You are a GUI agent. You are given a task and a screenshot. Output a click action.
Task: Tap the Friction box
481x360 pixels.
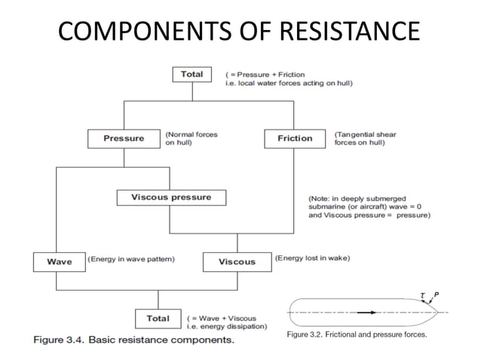295,139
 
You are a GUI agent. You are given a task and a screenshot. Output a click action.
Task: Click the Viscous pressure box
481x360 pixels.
171,198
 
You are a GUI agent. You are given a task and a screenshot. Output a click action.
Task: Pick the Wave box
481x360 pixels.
59,261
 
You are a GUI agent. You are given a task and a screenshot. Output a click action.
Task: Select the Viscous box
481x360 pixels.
237,261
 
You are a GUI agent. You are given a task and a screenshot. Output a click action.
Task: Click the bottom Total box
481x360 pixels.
158,319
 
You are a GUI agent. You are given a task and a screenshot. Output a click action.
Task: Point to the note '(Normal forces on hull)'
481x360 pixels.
191,139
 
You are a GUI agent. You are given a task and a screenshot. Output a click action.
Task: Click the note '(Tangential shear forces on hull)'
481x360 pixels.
365,139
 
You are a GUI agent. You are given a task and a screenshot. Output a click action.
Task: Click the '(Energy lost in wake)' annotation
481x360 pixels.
312,258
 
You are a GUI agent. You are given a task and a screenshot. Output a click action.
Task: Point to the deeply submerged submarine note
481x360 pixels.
369,203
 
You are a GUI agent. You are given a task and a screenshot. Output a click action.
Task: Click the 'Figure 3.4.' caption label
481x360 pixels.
63,340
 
